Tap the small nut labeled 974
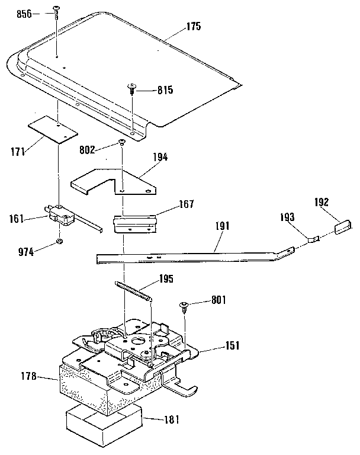click(60, 242)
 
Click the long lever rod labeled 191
click(189, 253)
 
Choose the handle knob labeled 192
click(343, 227)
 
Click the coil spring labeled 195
click(134, 292)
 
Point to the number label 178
click(28, 376)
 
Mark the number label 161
click(17, 218)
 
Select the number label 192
click(322, 201)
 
